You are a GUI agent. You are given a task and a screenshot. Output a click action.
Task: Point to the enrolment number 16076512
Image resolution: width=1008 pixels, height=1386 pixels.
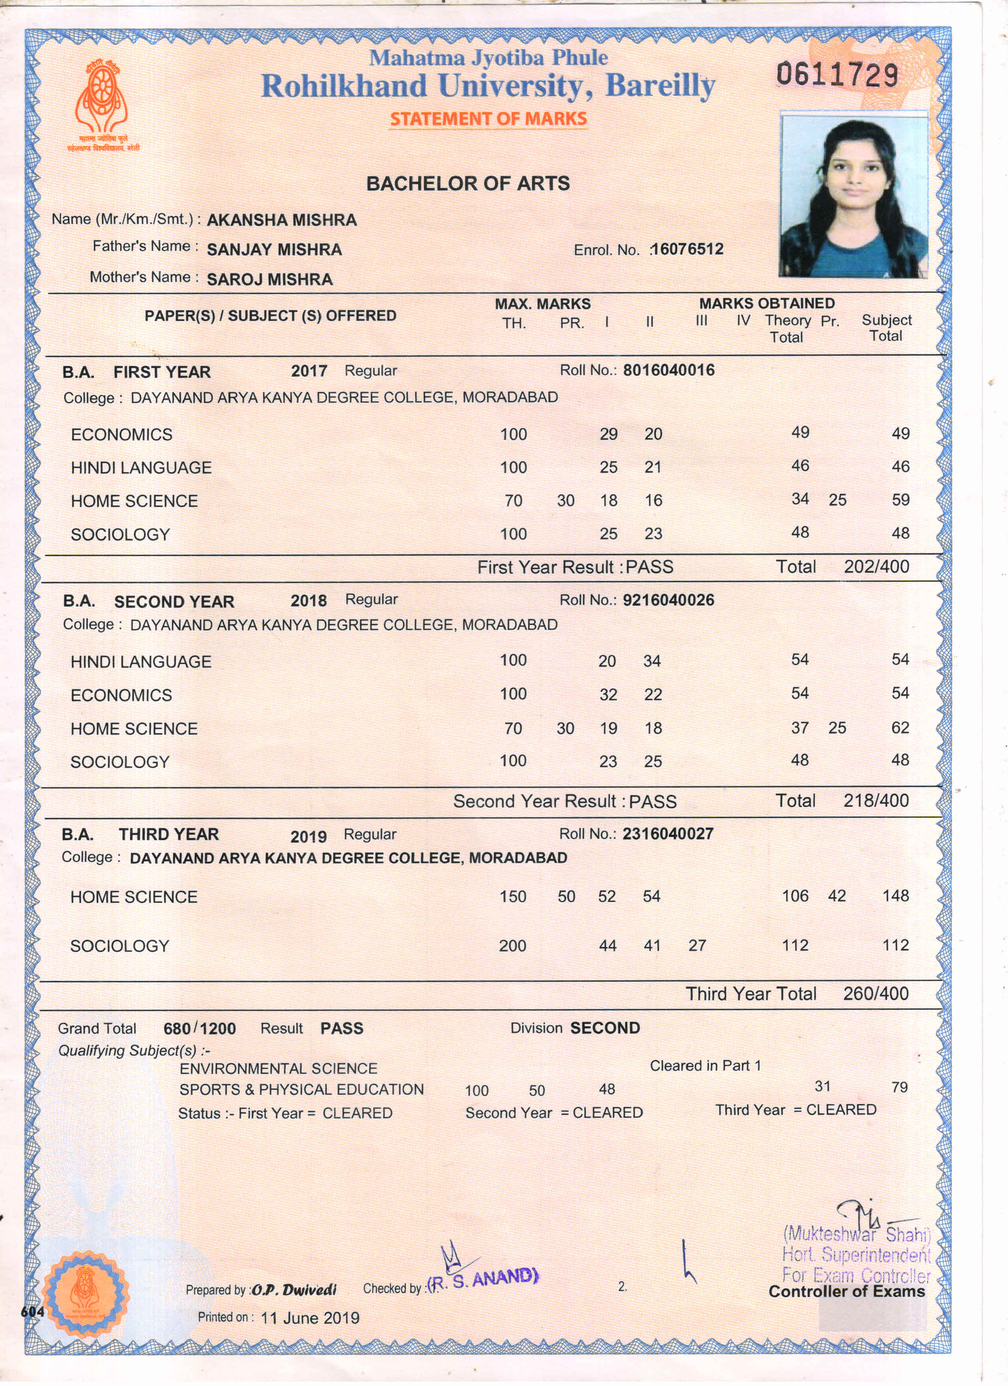[x=687, y=249]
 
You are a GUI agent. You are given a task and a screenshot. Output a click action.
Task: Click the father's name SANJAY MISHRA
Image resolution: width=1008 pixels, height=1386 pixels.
[x=274, y=249]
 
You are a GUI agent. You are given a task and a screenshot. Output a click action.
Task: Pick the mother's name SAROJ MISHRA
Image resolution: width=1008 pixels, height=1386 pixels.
[x=270, y=279]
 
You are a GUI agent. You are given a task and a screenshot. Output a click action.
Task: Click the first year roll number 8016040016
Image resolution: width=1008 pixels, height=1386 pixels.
[x=669, y=370]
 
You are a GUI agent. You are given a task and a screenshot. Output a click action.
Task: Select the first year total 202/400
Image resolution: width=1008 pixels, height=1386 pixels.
[x=876, y=566]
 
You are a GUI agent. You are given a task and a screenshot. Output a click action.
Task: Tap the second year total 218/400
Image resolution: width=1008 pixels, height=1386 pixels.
[x=876, y=801]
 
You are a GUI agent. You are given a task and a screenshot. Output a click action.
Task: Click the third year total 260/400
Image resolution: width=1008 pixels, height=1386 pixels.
[x=876, y=994]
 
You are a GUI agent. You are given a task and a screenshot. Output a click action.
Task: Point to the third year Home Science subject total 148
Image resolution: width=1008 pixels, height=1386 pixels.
[x=895, y=896]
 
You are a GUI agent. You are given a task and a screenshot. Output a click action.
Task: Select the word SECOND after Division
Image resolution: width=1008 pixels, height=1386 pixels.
[x=605, y=1028]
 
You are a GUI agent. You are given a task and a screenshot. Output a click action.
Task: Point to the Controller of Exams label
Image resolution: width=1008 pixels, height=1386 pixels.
[x=847, y=1291]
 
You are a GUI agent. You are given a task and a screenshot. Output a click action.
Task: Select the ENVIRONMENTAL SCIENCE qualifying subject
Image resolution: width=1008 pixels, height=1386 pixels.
[x=278, y=1068]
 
